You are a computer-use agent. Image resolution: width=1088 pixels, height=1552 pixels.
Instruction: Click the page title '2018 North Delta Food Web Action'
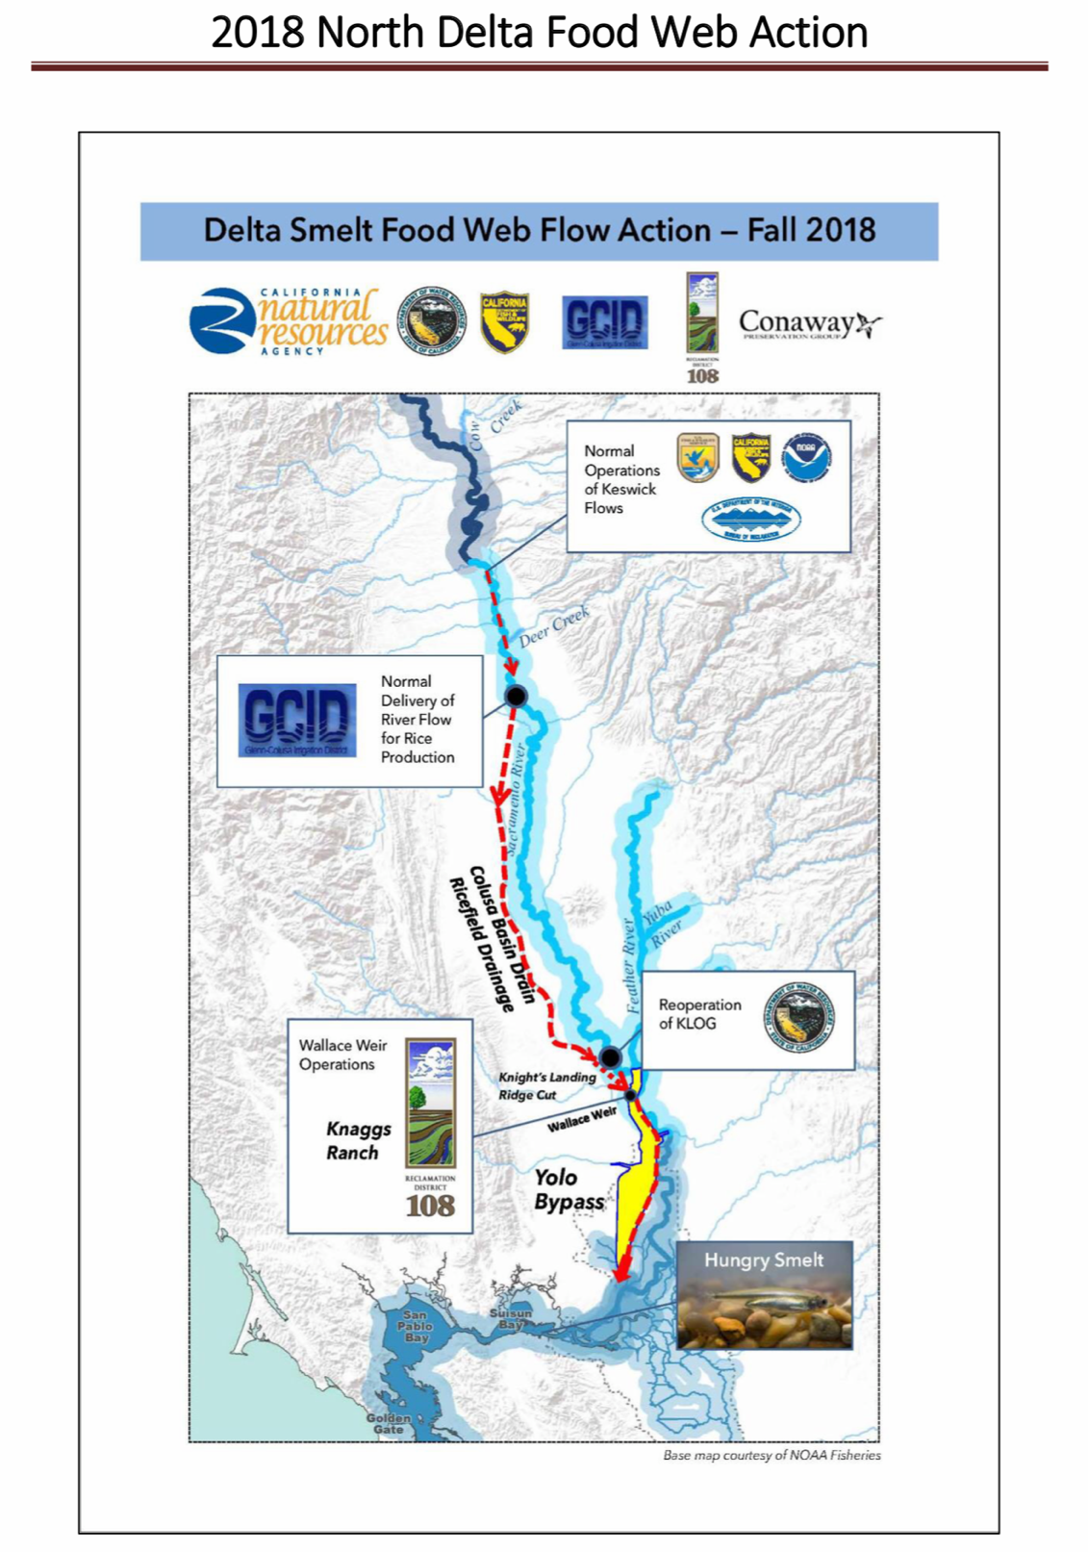[539, 33]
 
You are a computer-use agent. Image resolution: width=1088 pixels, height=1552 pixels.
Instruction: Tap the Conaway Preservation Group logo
[809, 324]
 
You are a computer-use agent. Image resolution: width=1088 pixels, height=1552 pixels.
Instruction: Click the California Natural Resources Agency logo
[289, 322]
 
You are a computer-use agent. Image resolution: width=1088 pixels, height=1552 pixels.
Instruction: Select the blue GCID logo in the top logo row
[605, 321]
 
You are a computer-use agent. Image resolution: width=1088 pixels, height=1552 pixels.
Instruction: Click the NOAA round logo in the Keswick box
[806, 457]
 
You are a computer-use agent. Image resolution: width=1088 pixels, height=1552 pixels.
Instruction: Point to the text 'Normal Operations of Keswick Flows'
[620, 479]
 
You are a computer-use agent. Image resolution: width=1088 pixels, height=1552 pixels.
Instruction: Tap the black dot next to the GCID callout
[517, 696]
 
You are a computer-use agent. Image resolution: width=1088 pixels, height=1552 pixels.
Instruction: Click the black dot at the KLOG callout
[610, 1056]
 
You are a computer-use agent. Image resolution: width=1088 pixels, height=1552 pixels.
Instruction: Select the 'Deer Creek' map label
[554, 627]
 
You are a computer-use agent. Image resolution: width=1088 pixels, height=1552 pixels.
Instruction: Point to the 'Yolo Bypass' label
[568, 1189]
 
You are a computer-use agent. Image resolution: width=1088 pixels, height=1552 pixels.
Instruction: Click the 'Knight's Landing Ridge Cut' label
[544, 1086]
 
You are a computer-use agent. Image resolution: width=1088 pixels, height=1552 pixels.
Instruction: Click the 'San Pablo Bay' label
[415, 1326]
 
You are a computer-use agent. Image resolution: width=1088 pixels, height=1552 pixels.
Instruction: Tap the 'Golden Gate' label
[389, 1424]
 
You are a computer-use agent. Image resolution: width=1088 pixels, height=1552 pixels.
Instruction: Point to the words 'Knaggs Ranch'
[357, 1140]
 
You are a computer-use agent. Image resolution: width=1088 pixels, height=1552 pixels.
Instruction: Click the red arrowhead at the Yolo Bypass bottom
[621, 1271]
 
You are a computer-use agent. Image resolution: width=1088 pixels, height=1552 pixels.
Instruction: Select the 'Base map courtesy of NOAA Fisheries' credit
[772, 1456]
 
